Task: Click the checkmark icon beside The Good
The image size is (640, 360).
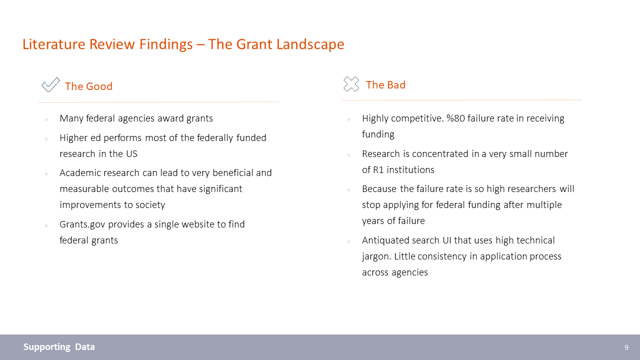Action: [x=51, y=84]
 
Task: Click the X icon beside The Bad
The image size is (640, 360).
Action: [x=351, y=84]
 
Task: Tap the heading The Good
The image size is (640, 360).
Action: [x=88, y=86]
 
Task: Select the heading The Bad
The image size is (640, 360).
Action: [x=385, y=85]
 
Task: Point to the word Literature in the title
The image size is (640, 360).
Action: [x=53, y=44]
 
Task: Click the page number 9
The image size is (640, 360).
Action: [x=626, y=347]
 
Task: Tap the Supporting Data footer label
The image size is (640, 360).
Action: [x=59, y=347]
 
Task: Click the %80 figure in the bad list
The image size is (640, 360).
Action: [x=455, y=118]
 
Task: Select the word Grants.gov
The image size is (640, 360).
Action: [x=82, y=224]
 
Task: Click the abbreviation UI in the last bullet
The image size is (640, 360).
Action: [x=446, y=240]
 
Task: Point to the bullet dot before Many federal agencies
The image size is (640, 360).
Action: [x=46, y=119]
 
